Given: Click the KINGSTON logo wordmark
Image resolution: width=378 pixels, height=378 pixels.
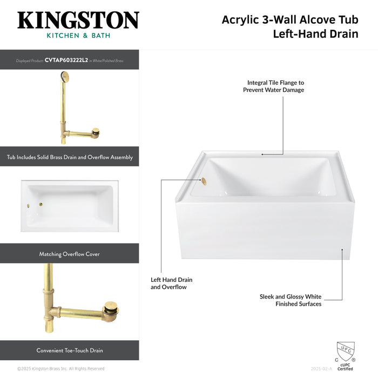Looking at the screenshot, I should point(78,21).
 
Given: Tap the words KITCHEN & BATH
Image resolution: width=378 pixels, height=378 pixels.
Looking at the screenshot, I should point(78,36).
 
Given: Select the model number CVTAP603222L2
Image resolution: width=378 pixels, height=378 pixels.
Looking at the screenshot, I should point(66,60).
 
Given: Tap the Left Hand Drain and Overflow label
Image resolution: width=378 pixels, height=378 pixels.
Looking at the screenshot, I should point(171,283).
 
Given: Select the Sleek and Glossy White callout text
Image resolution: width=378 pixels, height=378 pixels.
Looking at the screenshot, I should point(291,300).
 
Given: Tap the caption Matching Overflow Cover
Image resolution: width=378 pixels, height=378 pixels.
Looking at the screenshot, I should point(70,254).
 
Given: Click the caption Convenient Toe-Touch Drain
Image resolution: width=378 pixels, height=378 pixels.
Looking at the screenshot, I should point(70,350).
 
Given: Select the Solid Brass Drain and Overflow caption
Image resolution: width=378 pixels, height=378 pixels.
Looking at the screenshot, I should point(70,157).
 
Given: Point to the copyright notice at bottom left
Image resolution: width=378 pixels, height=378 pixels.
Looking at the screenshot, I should point(60,369).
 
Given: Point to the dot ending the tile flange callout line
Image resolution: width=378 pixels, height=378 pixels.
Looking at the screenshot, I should point(263,154).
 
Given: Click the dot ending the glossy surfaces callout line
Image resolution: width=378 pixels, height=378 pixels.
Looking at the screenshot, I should point(342,249).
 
